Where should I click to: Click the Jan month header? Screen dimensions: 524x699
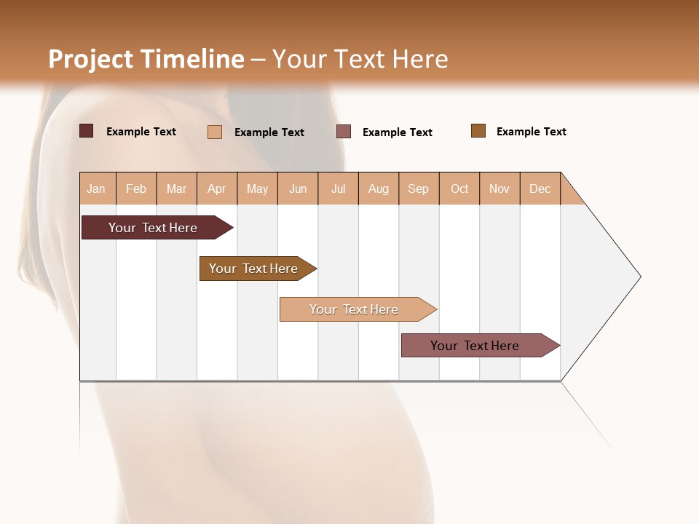[97, 188]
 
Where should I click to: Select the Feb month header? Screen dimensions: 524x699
[136, 188]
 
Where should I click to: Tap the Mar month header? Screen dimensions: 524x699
[176, 188]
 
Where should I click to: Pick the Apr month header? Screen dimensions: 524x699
[217, 188]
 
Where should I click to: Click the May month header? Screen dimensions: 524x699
[257, 188]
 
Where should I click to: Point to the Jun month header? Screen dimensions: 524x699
[298, 188]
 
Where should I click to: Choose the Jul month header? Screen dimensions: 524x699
[338, 188]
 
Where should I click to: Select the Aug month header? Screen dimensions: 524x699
[379, 188]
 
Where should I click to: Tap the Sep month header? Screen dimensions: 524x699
[419, 188]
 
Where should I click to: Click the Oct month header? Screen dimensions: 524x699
[459, 188]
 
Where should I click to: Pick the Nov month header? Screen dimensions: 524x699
[499, 188]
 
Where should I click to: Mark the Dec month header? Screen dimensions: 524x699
[540, 188]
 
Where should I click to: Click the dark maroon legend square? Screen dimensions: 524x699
[86, 131]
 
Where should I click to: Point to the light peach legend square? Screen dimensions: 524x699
[215, 132]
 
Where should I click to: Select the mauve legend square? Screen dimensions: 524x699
[344, 131]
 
